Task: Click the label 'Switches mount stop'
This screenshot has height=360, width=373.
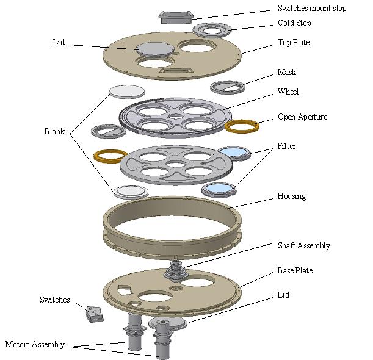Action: click(x=312, y=9)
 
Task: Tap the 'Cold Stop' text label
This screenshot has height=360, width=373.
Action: click(x=294, y=23)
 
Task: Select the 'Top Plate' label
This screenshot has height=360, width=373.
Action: click(x=294, y=43)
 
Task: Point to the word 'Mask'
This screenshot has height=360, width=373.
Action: click(x=287, y=72)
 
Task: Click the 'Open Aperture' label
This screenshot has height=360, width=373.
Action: click(x=302, y=117)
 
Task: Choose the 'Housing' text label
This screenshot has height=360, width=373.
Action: click(x=291, y=196)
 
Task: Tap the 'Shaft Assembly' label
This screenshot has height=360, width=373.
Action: click(x=304, y=245)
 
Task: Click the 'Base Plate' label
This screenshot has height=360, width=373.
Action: click(x=295, y=270)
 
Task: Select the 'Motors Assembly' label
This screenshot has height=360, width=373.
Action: click(x=35, y=344)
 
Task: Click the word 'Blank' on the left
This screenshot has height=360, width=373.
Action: click(x=55, y=131)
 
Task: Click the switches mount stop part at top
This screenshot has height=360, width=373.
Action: click(x=175, y=16)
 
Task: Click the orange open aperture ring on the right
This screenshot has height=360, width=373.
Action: click(x=242, y=126)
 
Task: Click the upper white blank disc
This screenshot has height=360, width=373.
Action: click(x=127, y=91)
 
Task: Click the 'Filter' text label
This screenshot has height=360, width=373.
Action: click(x=287, y=146)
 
